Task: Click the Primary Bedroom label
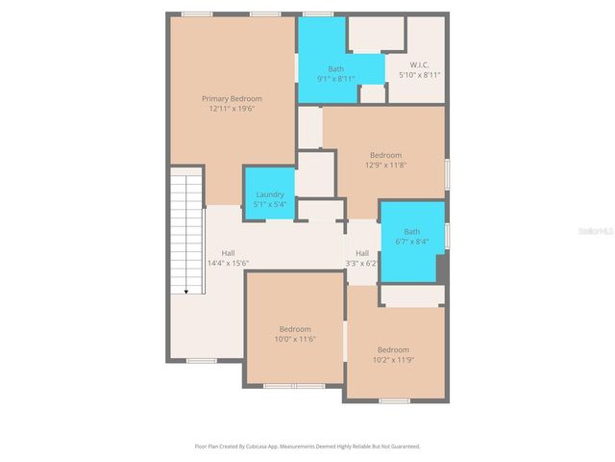coord(231,98)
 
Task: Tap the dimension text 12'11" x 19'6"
coord(231,109)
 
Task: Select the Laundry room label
coord(269,194)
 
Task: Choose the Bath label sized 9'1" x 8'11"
coord(335,68)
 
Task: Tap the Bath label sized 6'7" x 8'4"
coord(411,231)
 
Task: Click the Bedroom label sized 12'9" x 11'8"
coord(385,155)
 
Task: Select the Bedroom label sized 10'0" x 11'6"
coord(295,328)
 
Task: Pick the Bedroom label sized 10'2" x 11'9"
coord(393,349)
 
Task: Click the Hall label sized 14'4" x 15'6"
coord(228,252)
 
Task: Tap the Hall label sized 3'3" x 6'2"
coord(361,252)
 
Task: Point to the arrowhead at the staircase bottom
coord(185,292)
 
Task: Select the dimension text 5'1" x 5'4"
coord(269,204)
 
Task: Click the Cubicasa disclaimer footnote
coord(307,446)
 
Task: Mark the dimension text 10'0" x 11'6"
coord(295,339)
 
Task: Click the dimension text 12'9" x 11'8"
coord(385,165)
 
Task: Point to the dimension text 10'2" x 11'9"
coord(393,360)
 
